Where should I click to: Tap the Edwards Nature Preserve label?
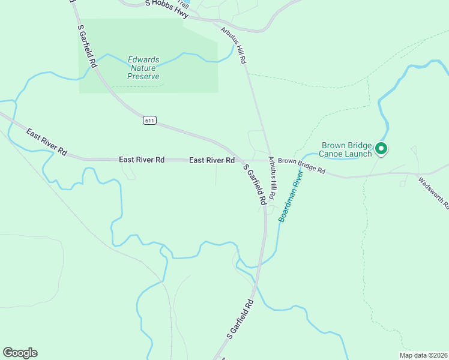point(143,68)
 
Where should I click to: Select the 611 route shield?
point(149,121)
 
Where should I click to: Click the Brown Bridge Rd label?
point(301,166)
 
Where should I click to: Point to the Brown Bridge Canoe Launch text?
point(347,149)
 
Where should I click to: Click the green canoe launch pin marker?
point(381,148)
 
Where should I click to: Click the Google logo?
point(20,353)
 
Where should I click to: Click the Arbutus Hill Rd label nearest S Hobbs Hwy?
point(234,46)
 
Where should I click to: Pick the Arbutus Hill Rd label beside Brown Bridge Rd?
point(272,178)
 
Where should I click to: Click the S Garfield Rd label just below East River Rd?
point(255,185)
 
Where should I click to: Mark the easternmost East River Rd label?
point(211,160)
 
